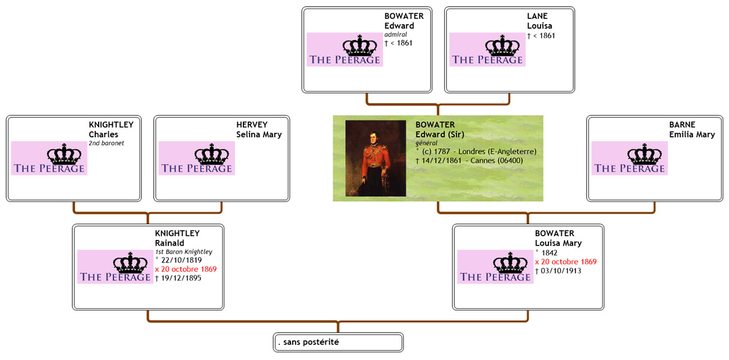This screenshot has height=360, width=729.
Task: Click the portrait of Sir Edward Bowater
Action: pos(375,158)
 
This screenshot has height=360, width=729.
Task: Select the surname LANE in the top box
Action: pos(537,16)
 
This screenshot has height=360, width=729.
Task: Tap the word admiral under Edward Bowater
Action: pos(395,35)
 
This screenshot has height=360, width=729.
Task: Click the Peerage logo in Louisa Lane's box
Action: pos(487,49)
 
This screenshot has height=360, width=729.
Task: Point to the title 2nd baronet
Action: pos(106,144)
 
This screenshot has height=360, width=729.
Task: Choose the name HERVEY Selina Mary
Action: pos(259,130)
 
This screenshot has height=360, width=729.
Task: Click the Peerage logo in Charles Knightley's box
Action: pos(49,158)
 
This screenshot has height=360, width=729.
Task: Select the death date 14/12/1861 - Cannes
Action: pos(469,160)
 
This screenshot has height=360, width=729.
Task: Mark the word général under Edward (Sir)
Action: pos(426,143)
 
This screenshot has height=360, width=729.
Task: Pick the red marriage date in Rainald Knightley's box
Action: pos(186,269)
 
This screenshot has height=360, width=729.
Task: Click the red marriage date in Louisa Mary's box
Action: pos(566,262)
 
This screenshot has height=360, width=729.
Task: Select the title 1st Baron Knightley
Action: pos(183,252)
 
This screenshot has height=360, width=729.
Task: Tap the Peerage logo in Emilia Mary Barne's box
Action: pos(629,158)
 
